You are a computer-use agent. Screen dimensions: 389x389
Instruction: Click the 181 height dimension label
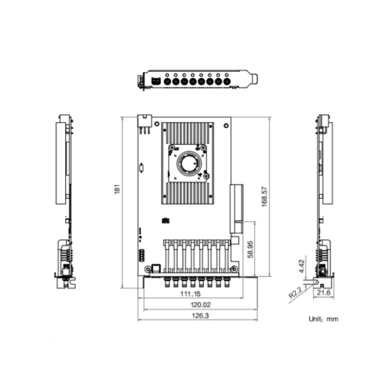117,189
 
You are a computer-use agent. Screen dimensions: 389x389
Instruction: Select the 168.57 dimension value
265,197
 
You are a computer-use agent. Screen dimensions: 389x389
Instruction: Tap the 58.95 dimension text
251,249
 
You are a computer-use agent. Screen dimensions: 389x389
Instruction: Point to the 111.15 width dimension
190,294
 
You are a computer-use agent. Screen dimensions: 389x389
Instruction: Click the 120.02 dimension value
200,304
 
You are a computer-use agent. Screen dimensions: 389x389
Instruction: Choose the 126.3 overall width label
200,315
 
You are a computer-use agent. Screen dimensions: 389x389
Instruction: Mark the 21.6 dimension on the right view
324,293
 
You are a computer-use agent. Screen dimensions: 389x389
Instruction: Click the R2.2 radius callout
295,292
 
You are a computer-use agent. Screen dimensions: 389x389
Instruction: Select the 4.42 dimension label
301,266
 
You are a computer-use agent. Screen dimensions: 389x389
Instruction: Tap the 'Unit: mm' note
323,319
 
